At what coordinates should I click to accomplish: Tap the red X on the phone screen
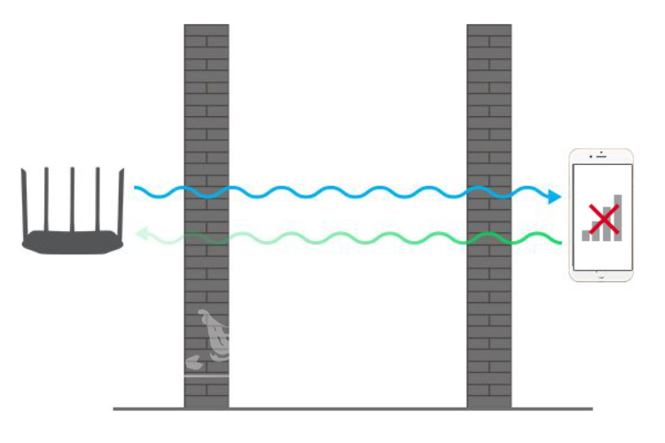tap(603, 218)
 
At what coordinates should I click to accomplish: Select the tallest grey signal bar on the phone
tap(618, 216)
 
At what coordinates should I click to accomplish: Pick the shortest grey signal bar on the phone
tap(586, 235)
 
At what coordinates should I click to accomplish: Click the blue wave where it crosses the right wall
tap(489, 190)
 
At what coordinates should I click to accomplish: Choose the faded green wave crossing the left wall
tap(207, 236)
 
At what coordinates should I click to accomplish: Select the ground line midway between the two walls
tap(348, 409)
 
